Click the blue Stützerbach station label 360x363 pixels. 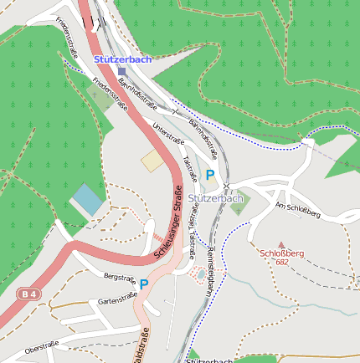point(122,59)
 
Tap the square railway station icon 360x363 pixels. point(121,71)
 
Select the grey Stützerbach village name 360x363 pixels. point(215,198)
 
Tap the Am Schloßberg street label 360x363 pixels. point(298,210)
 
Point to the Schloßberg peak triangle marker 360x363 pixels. point(281,244)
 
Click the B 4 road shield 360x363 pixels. point(28,294)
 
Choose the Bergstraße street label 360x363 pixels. point(120,276)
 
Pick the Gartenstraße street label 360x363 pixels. point(117,299)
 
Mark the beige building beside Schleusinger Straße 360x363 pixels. point(153,161)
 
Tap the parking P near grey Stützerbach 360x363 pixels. point(210,175)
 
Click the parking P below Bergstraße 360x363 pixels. point(144,284)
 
